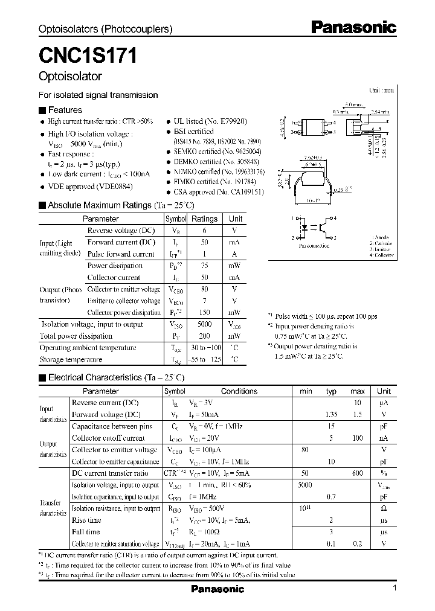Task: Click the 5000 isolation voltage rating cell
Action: click(x=204, y=324)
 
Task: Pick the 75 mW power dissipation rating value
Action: click(x=204, y=266)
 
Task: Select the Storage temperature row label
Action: click(x=71, y=360)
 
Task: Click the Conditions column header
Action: click(x=239, y=391)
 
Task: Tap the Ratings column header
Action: click(x=204, y=219)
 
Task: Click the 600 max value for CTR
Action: click(x=357, y=473)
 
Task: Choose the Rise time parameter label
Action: click(x=86, y=520)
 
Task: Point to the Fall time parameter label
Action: click(x=86, y=532)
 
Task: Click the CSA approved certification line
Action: click(x=218, y=191)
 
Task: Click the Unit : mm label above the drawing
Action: click(x=381, y=90)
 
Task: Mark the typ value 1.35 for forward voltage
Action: click(x=331, y=415)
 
